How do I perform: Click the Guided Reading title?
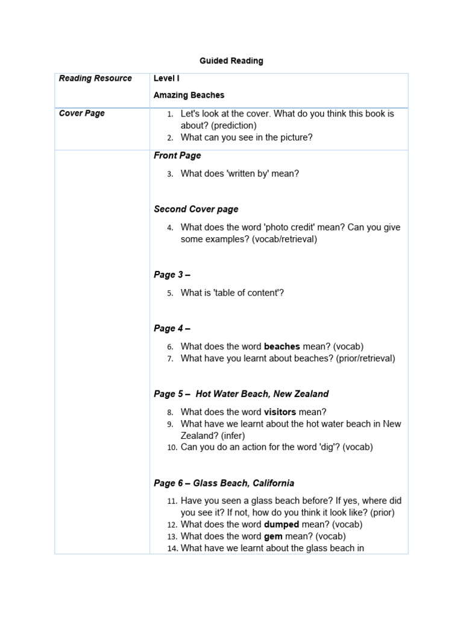pyautogui.click(x=231, y=61)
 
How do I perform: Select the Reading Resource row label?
pyautogui.click(x=95, y=78)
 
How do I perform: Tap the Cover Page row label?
pyautogui.click(x=81, y=113)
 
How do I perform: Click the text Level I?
pyautogui.click(x=166, y=78)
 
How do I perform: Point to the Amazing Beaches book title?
pyautogui.click(x=189, y=95)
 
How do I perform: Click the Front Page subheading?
pyautogui.click(x=177, y=156)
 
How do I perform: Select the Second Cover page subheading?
pyautogui.click(x=196, y=209)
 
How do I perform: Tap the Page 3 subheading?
pyautogui.click(x=172, y=275)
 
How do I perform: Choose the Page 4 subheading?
pyautogui.click(x=172, y=328)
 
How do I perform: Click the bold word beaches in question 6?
pyautogui.click(x=282, y=346)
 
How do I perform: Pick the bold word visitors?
pyautogui.click(x=280, y=412)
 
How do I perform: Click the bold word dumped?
pyautogui.click(x=282, y=524)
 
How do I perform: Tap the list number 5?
pyautogui.click(x=171, y=293)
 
